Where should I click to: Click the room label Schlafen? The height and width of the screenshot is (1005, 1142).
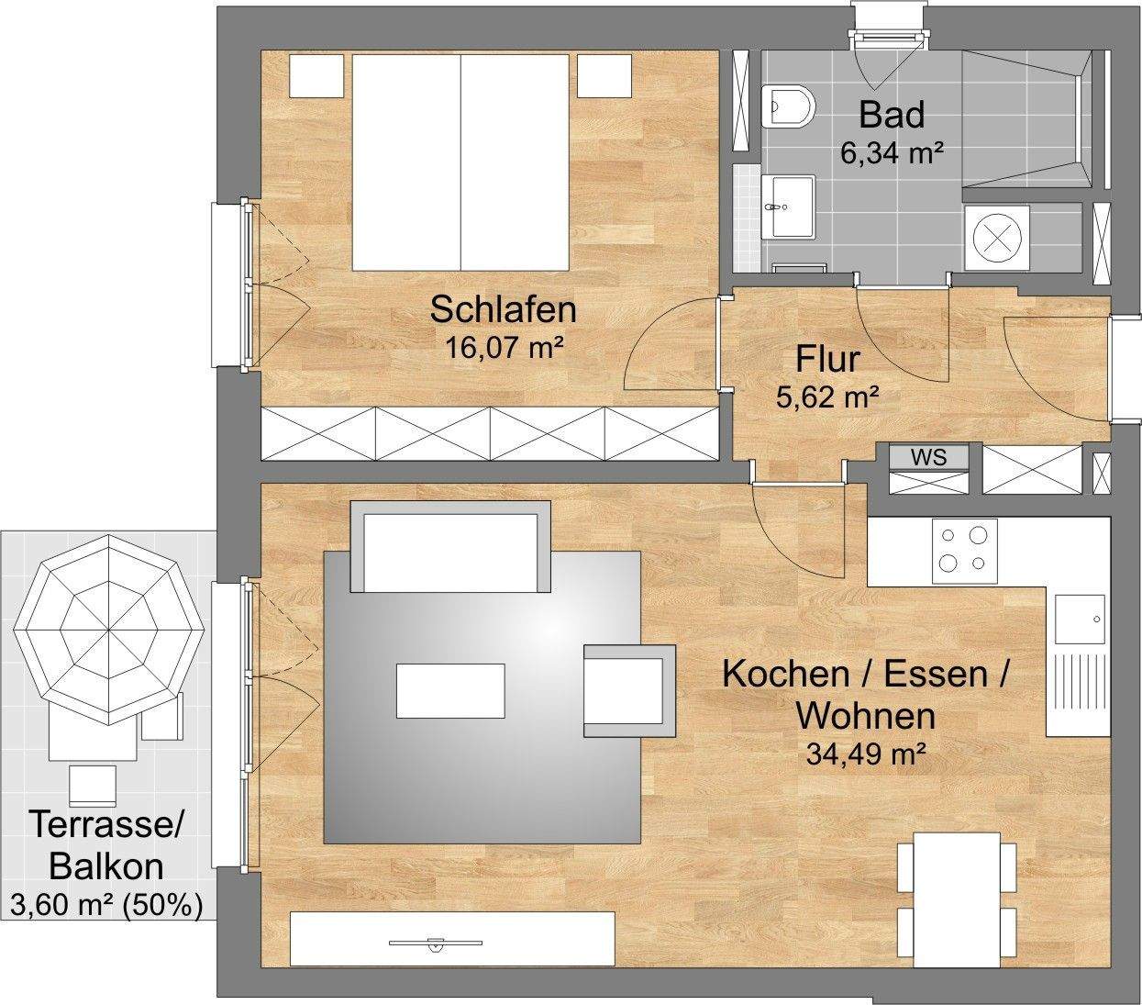(504, 309)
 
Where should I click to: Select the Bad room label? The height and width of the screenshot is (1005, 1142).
(891, 116)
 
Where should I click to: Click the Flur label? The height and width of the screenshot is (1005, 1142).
(827, 359)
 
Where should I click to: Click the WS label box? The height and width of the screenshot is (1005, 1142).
(928, 457)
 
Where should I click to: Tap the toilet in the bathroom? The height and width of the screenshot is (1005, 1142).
(788, 106)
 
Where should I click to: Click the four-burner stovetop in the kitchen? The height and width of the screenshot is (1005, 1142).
(964, 550)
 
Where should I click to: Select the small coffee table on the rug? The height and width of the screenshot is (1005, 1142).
(450, 690)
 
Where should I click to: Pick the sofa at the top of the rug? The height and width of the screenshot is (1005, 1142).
(450, 548)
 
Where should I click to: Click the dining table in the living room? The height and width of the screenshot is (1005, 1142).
(957, 899)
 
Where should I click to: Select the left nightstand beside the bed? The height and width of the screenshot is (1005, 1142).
(317, 75)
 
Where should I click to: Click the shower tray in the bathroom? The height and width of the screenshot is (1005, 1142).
(1026, 119)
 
